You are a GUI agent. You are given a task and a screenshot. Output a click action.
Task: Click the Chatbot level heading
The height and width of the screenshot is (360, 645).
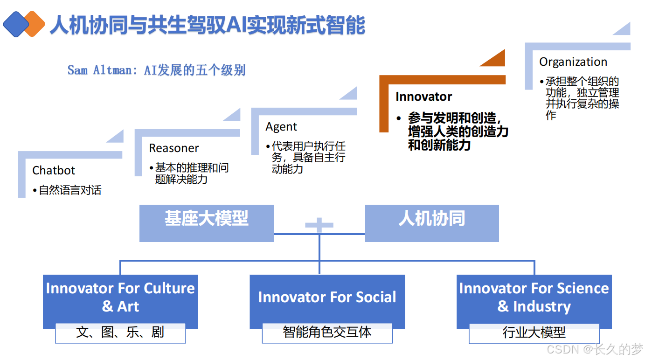(x=54, y=171)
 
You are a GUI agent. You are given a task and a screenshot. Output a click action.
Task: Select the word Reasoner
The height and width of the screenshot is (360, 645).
(x=174, y=148)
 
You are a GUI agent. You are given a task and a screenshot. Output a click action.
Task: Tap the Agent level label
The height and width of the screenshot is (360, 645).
(x=281, y=127)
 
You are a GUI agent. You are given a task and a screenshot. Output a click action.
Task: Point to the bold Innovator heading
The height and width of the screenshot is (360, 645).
(x=423, y=97)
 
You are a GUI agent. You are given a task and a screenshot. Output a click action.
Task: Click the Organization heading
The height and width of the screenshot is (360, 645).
(x=573, y=62)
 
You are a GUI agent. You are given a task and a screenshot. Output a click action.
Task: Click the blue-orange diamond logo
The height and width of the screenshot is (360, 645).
(x=24, y=24)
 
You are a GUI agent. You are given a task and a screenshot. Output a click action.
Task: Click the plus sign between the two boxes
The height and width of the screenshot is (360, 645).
(x=319, y=226)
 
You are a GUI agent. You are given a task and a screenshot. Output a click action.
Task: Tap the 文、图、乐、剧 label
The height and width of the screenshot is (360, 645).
(x=120, y=332)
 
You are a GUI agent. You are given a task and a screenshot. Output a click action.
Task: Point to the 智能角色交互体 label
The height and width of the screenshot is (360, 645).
(x=327, y=332)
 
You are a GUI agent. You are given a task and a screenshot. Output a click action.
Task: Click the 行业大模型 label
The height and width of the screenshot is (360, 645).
(x=534, y=332)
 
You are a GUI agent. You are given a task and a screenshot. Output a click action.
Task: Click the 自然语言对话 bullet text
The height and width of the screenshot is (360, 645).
(x=70, y=190)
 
